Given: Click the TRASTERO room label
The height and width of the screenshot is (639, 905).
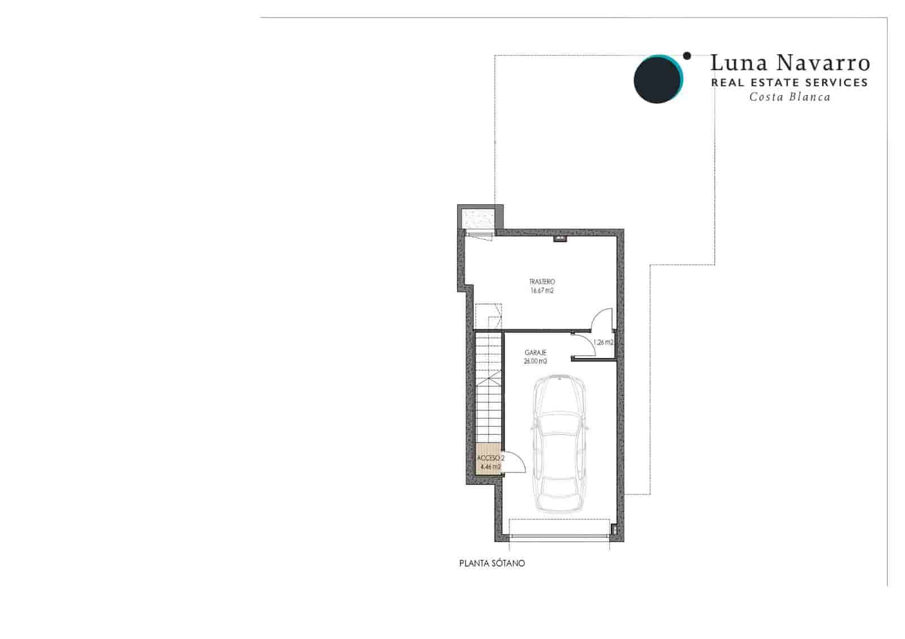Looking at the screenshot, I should [542, 282].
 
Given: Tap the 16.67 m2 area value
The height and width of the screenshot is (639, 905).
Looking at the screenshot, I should [542, 291].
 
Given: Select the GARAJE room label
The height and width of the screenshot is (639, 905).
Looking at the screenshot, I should [535, 353].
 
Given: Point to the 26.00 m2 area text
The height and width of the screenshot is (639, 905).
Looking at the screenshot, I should [535, 361].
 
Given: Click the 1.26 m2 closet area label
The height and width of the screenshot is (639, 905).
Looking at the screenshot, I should [604, 342].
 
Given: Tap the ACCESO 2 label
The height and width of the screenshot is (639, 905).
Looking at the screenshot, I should [490, 457].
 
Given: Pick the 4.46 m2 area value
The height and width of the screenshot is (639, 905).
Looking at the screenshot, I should [490, 467].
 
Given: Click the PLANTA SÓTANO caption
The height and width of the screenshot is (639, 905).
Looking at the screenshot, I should [492, 563].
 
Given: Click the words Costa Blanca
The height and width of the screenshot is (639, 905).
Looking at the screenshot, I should [790, 97].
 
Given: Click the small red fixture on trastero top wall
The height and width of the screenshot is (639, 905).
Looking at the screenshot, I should [560, 240].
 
